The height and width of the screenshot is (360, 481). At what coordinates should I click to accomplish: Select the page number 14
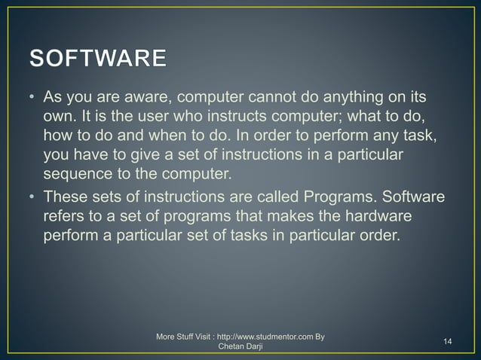tap(448, 342)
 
